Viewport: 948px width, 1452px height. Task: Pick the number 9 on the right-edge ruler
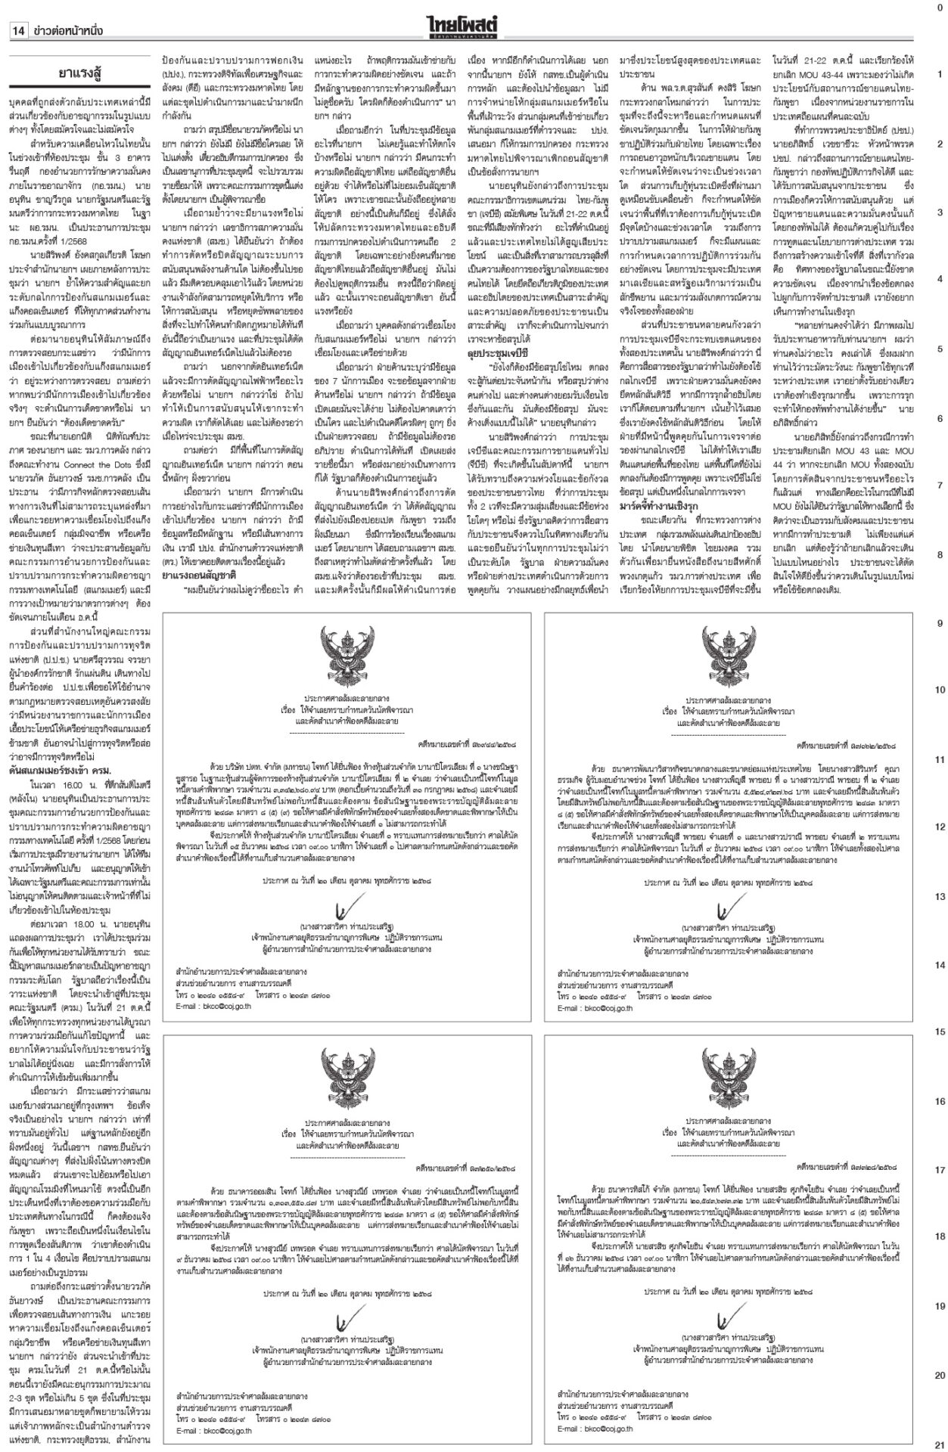click(939, 623)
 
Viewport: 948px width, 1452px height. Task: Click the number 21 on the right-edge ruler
click(939, 1443)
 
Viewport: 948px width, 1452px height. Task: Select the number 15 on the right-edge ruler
click(939, 1032)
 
